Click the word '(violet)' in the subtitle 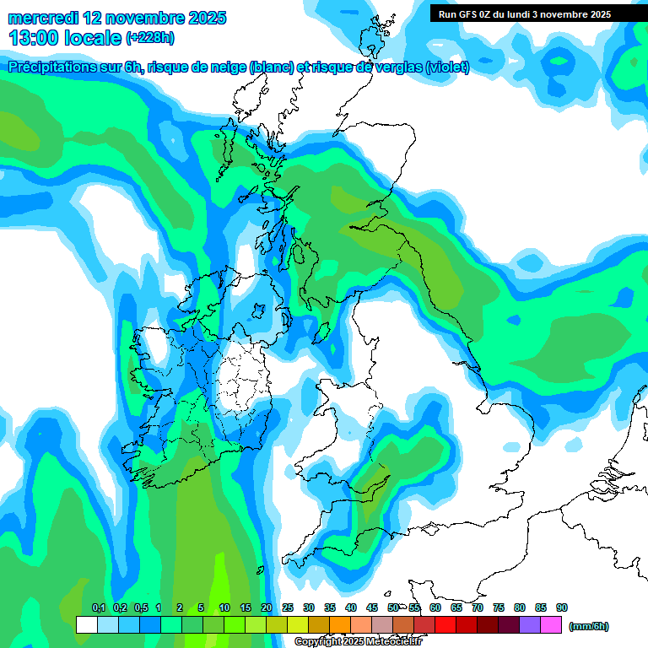pyautogui.click(x=447, y=67)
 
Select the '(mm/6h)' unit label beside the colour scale pyautogui.click(x=588, y=626)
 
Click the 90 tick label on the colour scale pyautogui.click(x=562, y=607)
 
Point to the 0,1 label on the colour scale pyautogui.click(x=99, y=607)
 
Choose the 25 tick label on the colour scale pyautogui.click(x=288, y=607)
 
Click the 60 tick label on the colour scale pyautogui.click(x=435, y=607)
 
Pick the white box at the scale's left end pyautogui.click(x=86, y=625)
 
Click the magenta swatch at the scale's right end pyautogui.click(x=551, y=625)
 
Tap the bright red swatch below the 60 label pyautogui.click(x=445, y=625)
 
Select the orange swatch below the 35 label pyautogui.click(x=339, y=625)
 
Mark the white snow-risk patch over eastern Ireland pyautogui.click(x=240, y=384)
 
